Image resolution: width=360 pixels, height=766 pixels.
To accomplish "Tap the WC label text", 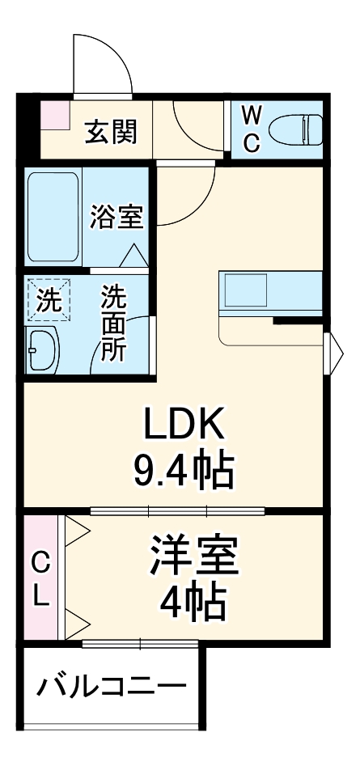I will pos(252,128).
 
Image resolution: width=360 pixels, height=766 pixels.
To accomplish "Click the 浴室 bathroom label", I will pos(117,217).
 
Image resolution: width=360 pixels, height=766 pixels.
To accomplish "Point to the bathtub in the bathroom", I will pos(53,216).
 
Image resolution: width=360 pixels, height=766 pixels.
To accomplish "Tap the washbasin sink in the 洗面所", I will pos(44,350).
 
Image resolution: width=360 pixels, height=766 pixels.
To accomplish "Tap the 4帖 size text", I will pos(193,601).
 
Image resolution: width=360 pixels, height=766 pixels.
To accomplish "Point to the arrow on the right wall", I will pos(332,352).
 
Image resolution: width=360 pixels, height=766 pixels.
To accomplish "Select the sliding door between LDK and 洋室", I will pos(178,510).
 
